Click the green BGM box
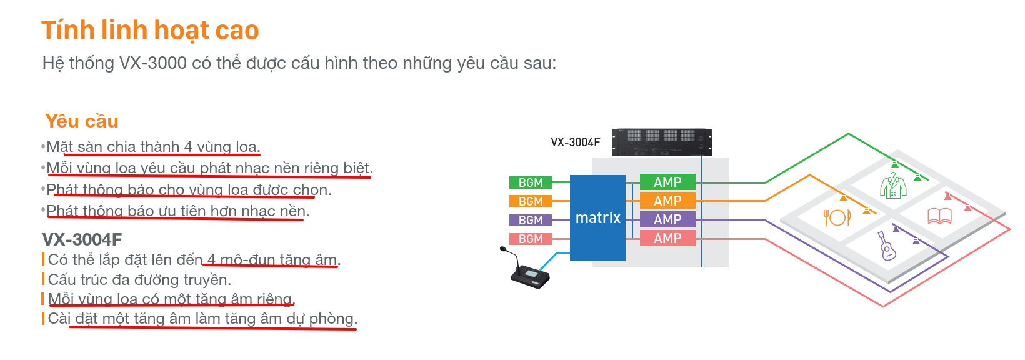(x=531, y=182)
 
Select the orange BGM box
(x=531, y=201)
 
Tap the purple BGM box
(x=531, y=220)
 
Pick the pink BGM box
(x=531, y=239)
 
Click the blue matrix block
(x=597, y=218)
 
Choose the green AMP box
(x=667, y=182)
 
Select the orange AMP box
(x=667, y=201)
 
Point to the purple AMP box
(x=667, y=219)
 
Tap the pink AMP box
(x=667, y=238)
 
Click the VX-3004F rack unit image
(x=661, y=142)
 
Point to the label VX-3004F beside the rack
(x=575, y=142)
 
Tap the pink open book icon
(x=939, y=216)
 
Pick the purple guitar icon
(x=887, y=246)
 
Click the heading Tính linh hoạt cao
(x=150, y=30)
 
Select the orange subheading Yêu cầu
(x=82, y=121)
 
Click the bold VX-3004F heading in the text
(x=82, y=239)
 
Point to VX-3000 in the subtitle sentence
(x=153, y=63)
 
